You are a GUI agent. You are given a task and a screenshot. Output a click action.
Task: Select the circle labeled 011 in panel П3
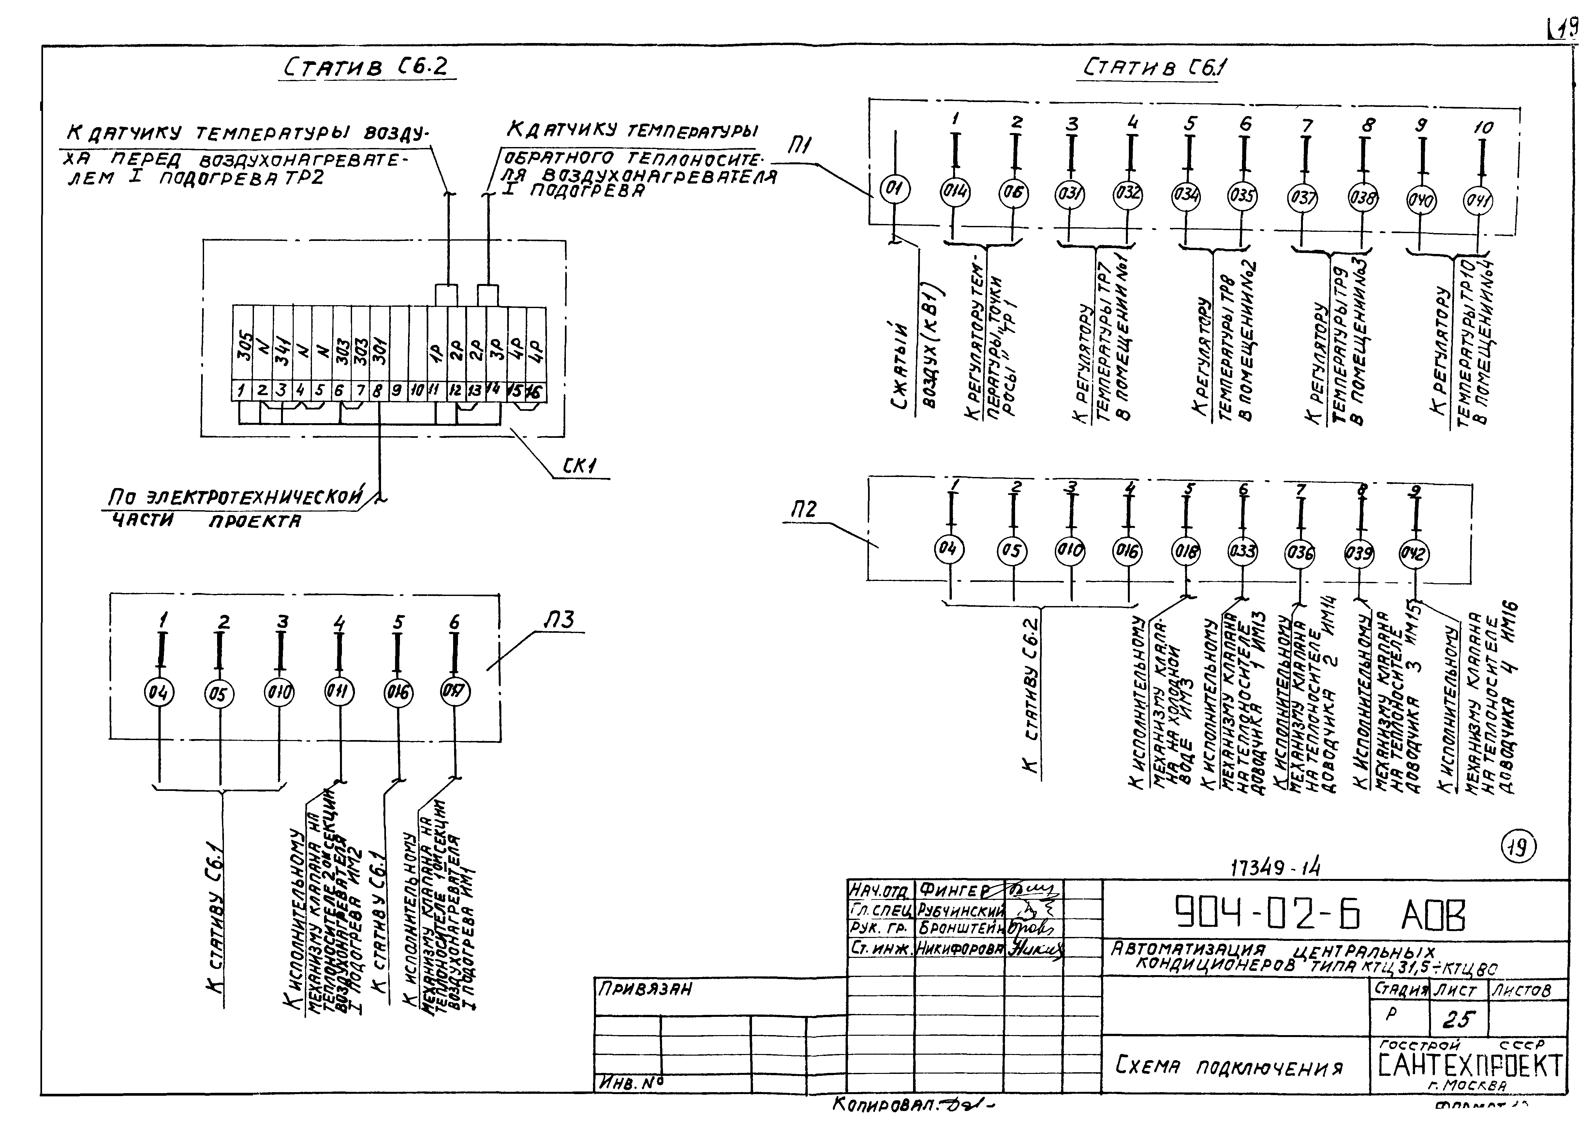click(340, 692)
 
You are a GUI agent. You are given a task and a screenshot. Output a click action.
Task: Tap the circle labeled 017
click(456, 691)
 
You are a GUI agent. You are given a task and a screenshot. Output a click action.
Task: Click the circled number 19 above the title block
click(1519, 847)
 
